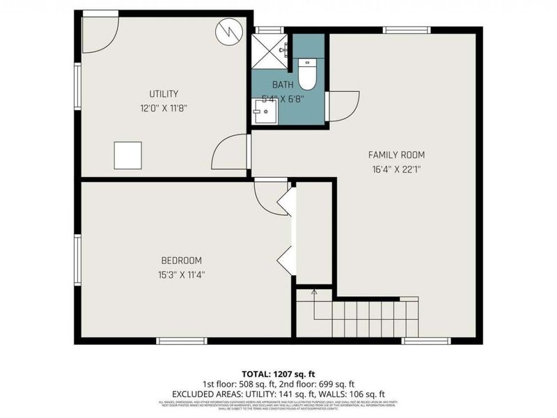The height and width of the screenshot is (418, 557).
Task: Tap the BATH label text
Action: pos(283,85)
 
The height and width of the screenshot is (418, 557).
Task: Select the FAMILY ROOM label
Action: pos(396,155)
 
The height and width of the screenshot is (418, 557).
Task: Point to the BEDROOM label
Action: pos(181,261)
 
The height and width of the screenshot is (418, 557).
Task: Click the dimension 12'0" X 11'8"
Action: pos(164,108)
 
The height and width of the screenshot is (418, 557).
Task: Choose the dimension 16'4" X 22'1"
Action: pos(396,169)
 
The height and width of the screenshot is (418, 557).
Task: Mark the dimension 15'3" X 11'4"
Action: pos(181,274)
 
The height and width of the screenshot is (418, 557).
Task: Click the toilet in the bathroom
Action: pos(307,72)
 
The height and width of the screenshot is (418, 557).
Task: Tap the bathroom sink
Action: pos(264,111)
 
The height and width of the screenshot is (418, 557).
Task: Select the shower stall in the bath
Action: pos(269,50)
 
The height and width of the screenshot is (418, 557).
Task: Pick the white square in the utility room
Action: pos(127,155)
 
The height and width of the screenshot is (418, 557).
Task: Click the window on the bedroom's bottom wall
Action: pos(181,340)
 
